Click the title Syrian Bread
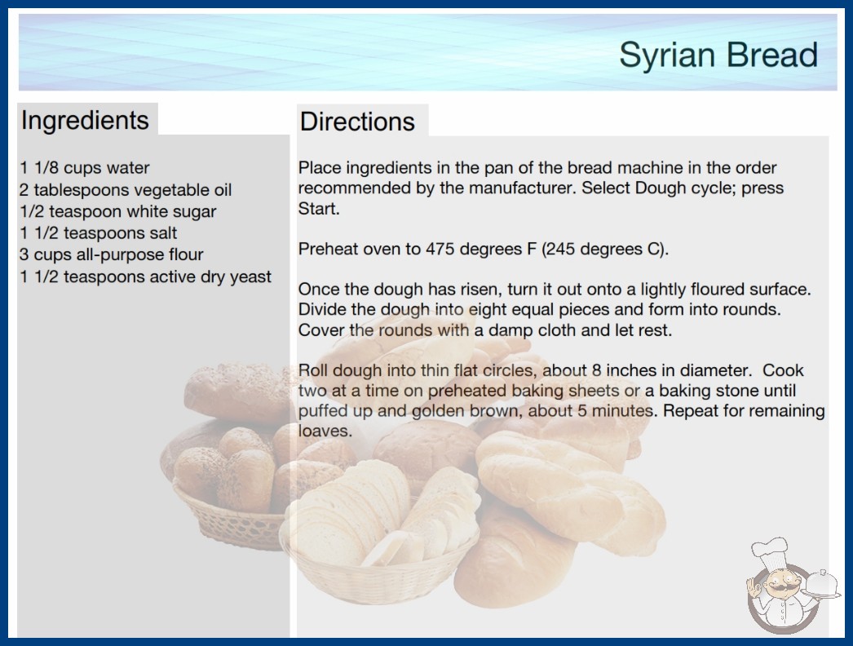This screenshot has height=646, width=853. click(x=718, y=55)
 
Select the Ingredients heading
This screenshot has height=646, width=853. click(x=85, y=121)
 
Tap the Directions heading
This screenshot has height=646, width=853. click(x=357, y=122)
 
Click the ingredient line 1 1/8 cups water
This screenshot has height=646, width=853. click(x=84, y=168)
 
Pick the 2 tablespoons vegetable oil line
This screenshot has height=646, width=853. click(x=126, y=190)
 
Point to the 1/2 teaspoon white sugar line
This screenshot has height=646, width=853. click(x=118, y=211)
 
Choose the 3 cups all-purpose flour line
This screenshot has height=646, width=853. click(x=111, y=254)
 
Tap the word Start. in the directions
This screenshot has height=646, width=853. click(x=319, y=209)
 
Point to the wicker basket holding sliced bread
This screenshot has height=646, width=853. click(x=379, y=572)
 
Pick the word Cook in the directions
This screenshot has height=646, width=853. click(x=783, y=370)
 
